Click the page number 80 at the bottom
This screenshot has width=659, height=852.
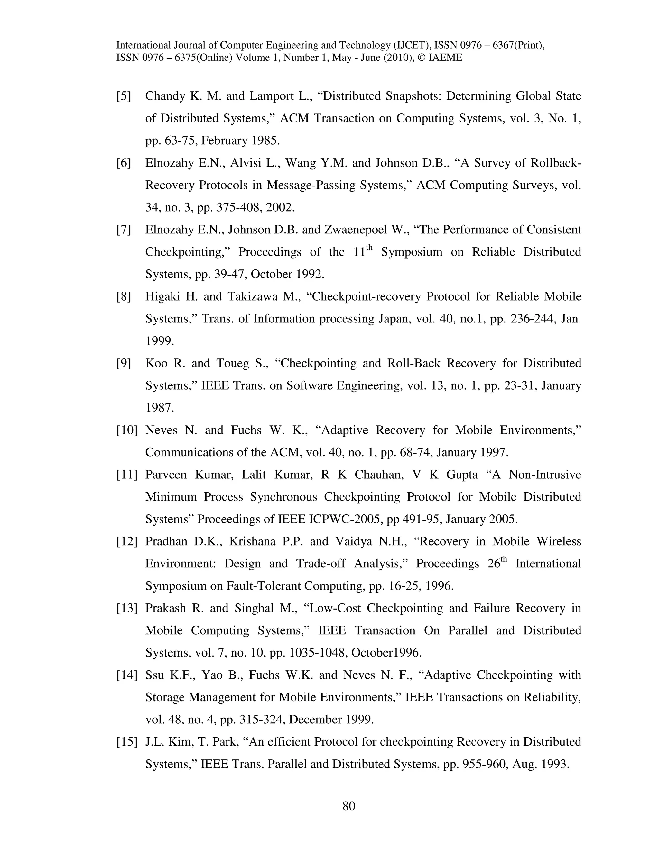tap(348, 806)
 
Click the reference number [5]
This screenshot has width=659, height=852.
tap(124, 96)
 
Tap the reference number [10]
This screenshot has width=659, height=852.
tap(127, 430)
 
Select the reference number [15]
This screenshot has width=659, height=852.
tap(127, 742)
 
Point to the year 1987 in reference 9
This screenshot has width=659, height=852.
tap(159, 408)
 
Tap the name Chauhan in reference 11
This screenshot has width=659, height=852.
tap(378, 475)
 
